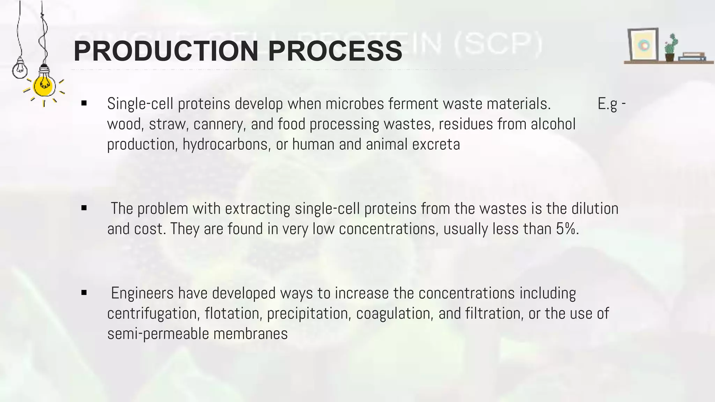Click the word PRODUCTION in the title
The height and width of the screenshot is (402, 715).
(166, 51)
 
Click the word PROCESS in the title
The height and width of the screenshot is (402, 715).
(335, 51)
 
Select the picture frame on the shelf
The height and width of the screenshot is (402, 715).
(643, 45)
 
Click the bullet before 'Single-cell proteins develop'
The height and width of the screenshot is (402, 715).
(84, 103)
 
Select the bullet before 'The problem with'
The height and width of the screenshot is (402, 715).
(84, 208)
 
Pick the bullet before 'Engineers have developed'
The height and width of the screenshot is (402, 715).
(84, 293)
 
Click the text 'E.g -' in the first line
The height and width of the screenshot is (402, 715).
(611, 104)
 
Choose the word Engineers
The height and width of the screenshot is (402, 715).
(142, 293)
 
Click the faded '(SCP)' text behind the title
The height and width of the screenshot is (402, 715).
(498, 45)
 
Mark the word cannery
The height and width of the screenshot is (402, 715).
(218, 124)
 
